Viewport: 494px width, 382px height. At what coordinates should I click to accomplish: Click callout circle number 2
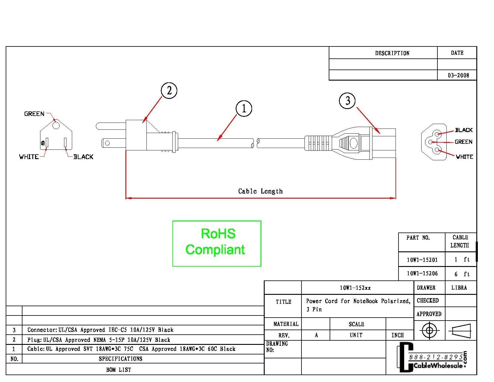(x=169, y=90)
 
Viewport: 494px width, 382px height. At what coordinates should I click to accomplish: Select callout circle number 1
(x=244, y=108)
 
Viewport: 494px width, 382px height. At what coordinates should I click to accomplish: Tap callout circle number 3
(x=347, y=100)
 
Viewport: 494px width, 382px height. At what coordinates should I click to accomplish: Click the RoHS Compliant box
(x=217, y=243)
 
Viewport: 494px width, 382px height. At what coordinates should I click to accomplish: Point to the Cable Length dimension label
(x=260, y=191)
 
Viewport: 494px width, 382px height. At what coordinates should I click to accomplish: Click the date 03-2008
(x=458, y=75)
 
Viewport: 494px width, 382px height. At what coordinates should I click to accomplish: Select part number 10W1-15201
(x=422, y=260)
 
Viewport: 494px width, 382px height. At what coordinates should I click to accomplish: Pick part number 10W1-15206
(x=422, y=274)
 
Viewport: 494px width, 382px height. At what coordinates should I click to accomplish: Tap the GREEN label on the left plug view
(x=34, y=114)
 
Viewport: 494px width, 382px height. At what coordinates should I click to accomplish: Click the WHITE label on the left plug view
(x=29, y=157)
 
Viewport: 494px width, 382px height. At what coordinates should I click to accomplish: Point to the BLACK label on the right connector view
(x=463, y=130)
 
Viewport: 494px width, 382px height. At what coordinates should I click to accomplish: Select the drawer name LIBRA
(x=459, y=288)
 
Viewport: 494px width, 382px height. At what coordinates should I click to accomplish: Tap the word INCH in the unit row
(x=398, y=335)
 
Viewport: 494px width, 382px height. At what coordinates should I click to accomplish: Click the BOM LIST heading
(x=119, y=370)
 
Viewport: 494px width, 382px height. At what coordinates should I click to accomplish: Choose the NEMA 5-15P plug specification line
(x=99, y=340)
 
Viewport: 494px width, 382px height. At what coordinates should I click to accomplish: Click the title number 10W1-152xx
(x=355, y=288)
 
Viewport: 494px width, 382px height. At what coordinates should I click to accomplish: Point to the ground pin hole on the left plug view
(x=56, y=125)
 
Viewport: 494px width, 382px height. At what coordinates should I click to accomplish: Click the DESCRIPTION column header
(x=392, y=53)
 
